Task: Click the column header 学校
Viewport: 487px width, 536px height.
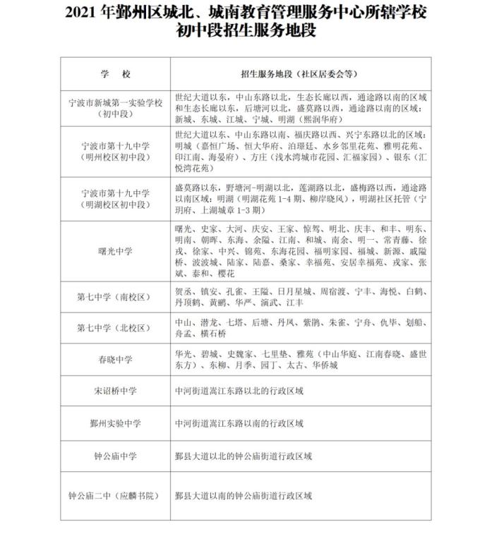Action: click(x=116, y=73)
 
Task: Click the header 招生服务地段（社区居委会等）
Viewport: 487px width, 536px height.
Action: click(x=299, y=73)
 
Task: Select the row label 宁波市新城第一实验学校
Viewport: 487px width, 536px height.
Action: click(x=116, y=102)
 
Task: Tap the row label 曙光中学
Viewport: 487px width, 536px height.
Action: click(x=116, y=251)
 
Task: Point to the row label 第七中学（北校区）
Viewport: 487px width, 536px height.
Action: click(x=116, y=327)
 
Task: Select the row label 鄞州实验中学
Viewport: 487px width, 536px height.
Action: click(x=116, y=423)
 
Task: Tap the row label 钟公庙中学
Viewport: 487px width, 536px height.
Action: click(x=116, y=456)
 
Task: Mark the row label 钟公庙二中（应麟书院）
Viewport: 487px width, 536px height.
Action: click(x=116, y=496)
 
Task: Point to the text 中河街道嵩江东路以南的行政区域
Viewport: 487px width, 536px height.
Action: click(x=239, y=423)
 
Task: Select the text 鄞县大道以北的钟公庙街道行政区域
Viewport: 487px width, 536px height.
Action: click(x=243, y=456)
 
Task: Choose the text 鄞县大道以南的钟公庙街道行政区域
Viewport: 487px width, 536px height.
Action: click(x=243, y=496)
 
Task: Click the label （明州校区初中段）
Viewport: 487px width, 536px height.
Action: click(x=116, y=157)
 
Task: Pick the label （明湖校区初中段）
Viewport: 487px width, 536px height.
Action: click(x=116, y=205)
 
